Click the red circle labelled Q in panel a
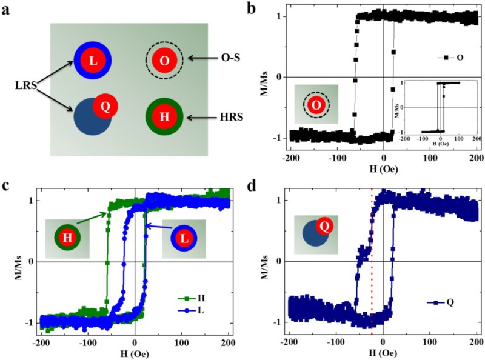coord(104,107)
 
